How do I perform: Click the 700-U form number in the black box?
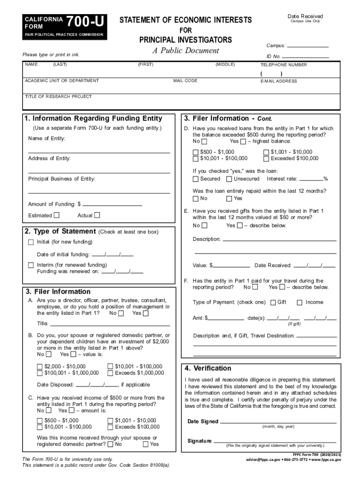(x=86, y=22)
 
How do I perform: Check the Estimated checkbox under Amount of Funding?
(x=57, y=216)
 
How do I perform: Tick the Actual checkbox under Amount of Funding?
(x=97, y=216)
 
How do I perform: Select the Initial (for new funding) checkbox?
(x=31, y=242)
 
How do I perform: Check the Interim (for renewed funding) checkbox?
(x=31, y=265)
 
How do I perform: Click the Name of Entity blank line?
(x=99, y=152)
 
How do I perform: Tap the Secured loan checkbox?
(x=196, y=179)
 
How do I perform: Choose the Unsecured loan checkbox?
(x=229, y=179)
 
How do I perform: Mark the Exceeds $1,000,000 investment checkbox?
(x=110, y=373)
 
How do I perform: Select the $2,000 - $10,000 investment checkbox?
(x=40, y=366)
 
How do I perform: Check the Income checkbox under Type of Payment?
(x=300, y=303)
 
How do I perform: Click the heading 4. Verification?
(x=208, y=368)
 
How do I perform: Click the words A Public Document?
(x=186, y=51)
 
